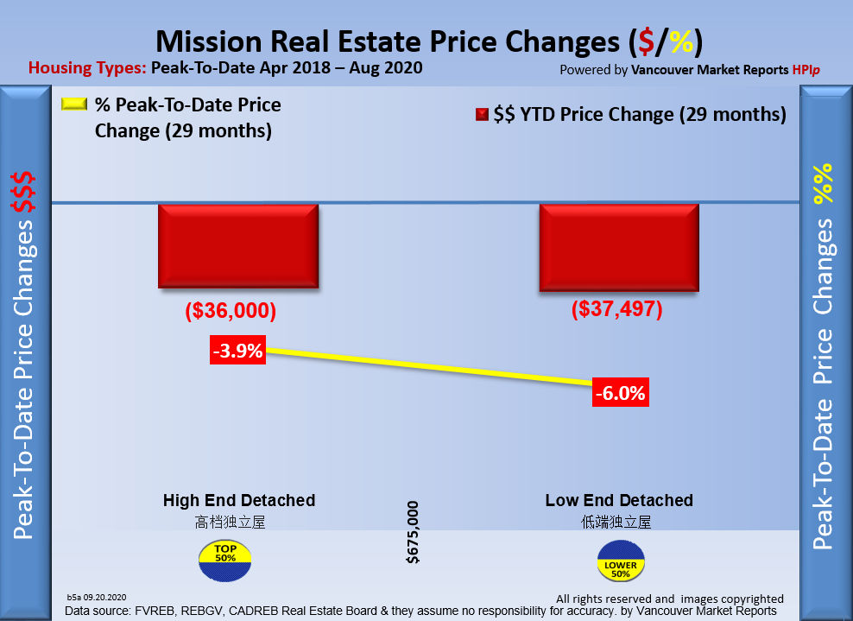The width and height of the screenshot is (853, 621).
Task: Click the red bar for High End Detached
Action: (238, 245)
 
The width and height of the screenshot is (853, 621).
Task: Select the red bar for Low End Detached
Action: (618, 245)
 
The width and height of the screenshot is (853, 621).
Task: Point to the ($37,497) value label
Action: (616, 309)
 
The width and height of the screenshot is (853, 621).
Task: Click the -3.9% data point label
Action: (237, 352)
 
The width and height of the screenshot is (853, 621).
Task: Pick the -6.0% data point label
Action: (620, 393)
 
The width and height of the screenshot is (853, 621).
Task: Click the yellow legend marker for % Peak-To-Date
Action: (74, 105)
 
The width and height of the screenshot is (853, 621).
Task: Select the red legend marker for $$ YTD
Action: (482, 114)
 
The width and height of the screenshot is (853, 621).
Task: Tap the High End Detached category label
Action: (239, 500)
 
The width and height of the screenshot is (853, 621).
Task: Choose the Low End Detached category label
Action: (619, 500)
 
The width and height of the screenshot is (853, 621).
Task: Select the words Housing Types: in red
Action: (87, 67)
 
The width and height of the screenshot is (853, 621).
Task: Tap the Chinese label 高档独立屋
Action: (225, 522)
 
